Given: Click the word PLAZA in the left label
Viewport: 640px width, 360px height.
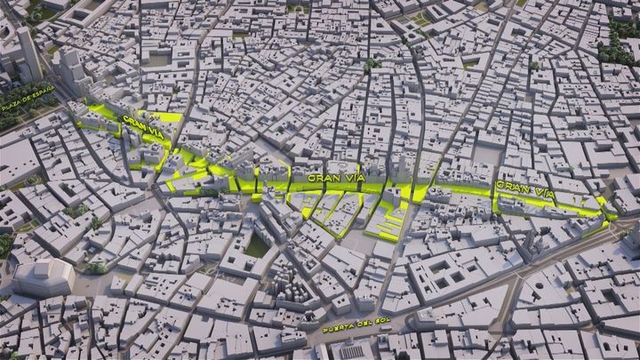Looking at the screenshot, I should pos(12,105).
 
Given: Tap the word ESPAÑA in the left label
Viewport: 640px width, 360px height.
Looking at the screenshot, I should pos(42,92).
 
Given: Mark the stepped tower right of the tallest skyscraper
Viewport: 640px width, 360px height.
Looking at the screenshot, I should pos(71,68).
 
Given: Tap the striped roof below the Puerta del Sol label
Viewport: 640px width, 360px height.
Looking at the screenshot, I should pos(351,350).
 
